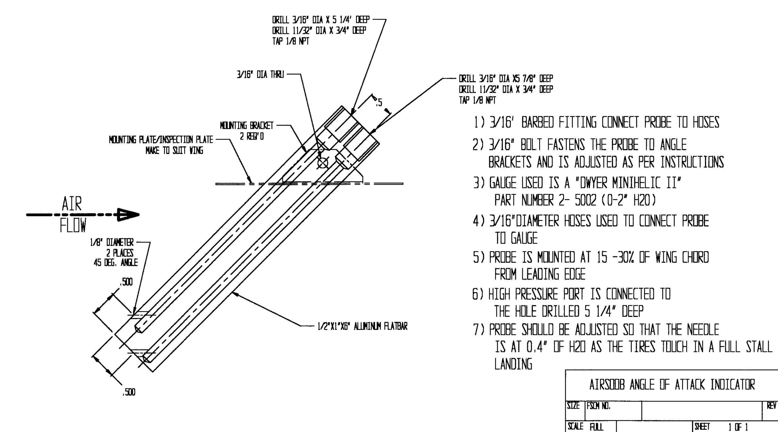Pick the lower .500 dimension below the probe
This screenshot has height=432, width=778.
point(129,392)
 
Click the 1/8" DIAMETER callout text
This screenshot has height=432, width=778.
point(112,242)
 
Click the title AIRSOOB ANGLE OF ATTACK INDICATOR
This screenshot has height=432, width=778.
point(672,385)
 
